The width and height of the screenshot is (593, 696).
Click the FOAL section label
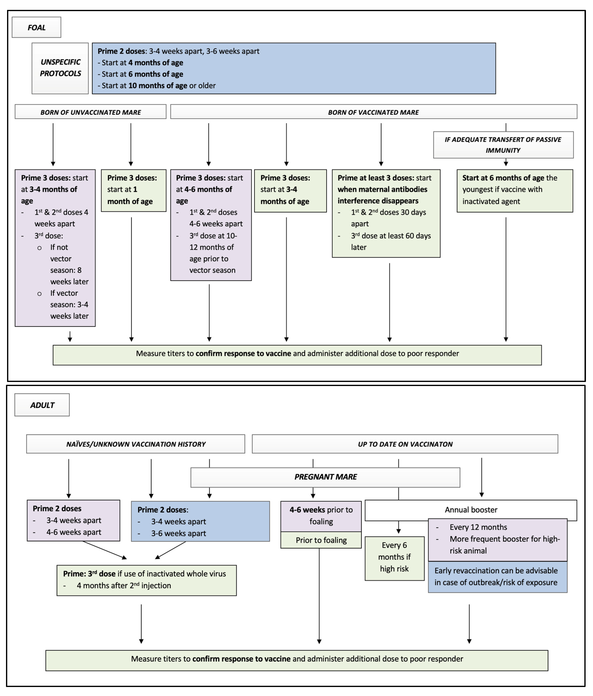click(x=36, y=27)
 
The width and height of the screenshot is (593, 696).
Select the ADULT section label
click(x=42, y=405)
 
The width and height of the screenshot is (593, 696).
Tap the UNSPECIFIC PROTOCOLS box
click(x=60, y=68)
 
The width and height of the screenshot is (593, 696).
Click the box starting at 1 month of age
click(x=134, y=191)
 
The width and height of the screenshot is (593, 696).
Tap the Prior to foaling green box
click(x=321, y=540)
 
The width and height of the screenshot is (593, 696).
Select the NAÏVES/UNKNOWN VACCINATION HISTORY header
click(x=136, y=444)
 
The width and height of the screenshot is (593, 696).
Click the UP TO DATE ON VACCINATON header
click(x=405, y=444)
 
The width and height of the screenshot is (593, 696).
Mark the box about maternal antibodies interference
click(x=386, y=213)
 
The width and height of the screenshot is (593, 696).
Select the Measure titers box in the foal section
click(x=297, y=355)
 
